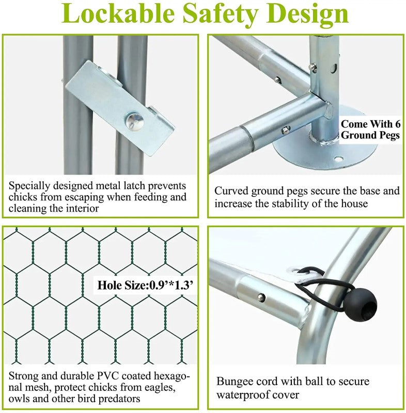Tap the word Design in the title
point(307,15)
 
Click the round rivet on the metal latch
point(134,121)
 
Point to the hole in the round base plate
point(338,159)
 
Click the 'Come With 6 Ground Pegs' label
point(370,130)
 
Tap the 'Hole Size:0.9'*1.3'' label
point(145,285)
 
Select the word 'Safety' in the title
point(220,15)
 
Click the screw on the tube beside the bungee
point(261,297)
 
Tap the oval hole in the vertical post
point(334,68)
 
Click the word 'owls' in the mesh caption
point(19,399)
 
